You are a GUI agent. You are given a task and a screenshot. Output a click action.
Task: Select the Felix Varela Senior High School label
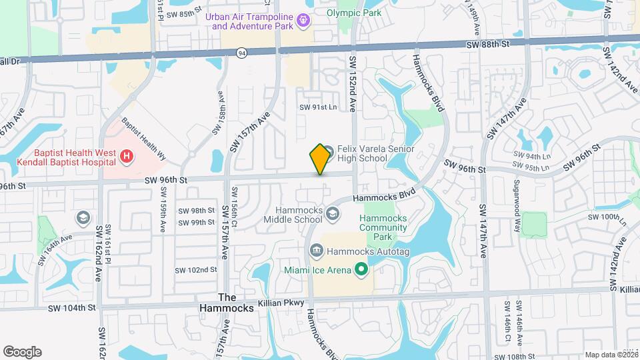pos(375,153)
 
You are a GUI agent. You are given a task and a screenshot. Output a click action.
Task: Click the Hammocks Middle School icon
pos(333,214)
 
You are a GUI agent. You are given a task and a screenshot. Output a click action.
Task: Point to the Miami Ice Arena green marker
pos(361,269)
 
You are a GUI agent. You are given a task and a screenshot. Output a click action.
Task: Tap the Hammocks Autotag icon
pos(317,251)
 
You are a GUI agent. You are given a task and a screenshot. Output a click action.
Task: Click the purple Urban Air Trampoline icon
pos(304,21)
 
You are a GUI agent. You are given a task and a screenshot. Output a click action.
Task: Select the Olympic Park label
pos(354,13)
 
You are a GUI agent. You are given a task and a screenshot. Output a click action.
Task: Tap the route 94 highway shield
pos(241,51)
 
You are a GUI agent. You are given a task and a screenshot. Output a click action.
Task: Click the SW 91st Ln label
pos(319,107)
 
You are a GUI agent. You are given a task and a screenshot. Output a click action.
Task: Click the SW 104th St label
pos(76,307)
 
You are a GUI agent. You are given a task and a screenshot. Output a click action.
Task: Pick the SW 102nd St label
pos(196,270)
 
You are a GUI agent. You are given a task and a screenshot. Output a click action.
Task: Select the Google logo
pos(22,352)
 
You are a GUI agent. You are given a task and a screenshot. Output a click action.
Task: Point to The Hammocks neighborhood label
pos(227,303)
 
